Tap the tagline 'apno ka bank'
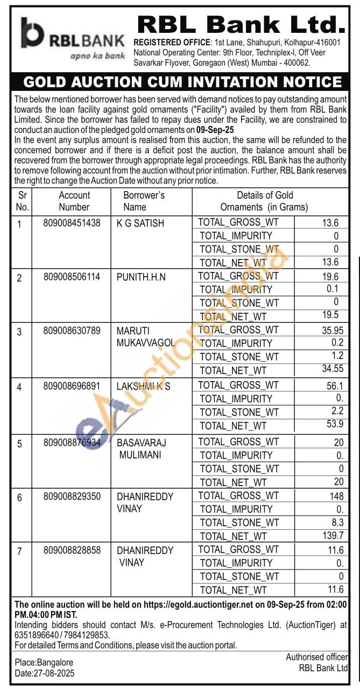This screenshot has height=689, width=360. click(97, 55)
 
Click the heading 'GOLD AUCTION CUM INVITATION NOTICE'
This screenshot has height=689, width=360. click(182, 82)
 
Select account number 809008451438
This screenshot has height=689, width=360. click(72, 223)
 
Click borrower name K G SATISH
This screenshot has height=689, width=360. click(140, 223)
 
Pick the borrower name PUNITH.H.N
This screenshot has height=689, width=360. click(142, 277)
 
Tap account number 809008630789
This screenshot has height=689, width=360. click(72, 331)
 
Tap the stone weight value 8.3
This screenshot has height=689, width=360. click(337, 522)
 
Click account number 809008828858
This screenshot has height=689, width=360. click(72, 550)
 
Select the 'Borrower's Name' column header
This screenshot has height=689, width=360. click(144, 201)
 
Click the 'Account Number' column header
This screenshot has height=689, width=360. click(74, 201)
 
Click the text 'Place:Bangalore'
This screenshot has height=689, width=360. click(44, 662)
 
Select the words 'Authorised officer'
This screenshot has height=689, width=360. click(316, 657)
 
